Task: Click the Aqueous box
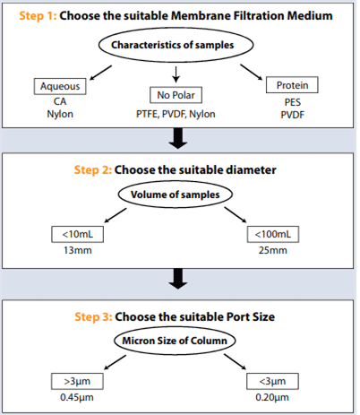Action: pyautogui.click(x=60, y=86)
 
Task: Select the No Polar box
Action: pyautogui.click(x=176, y=95)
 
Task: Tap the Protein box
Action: pyautogui.click(x=292, y=85)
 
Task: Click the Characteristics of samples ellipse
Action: pyautogui.click(x=176, y=45)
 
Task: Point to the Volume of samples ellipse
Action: pyautogui.click(x=176, y=195)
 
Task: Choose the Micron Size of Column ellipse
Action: pyautogui.click(x=175, y=341)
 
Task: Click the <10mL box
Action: pyautogui.click(x=78, y=234)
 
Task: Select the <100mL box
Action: pyautogui.click(x=273, y=234)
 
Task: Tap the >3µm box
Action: pyautogui.click(x=77, y=381)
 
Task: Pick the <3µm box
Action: pyautogui.click(x=272, y=381)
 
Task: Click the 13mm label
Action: pyautogui.click(x=78, y=250)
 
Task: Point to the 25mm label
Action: pyautogui.click(x=273, y=250)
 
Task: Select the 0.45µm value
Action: pyautogui.click(x=77, y=397)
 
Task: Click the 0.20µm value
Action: pyautogui.click(x=272, y=397)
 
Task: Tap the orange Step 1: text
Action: pyautogui.click(x=38, y=15)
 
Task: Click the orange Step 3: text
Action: pyautogui.click(x=93, y=316)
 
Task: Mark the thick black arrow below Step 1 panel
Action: pyautogui.click(x=178, y=138)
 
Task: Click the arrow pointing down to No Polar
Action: pyautogui.click(x=176, y=74)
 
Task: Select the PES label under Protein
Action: pyautogui.click(x=293, y=102)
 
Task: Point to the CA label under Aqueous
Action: pyautogui.click(x=60, y=101)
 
